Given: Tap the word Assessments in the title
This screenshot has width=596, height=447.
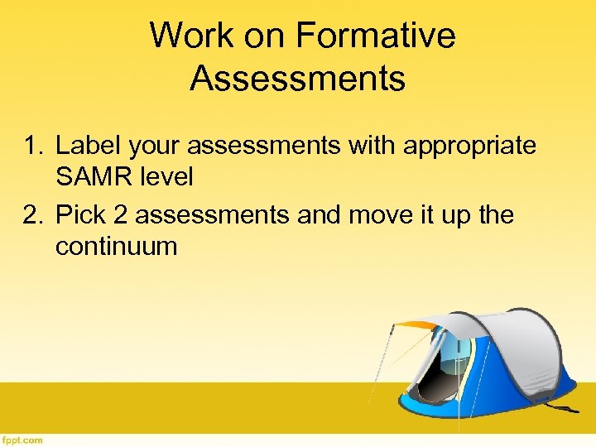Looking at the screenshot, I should point(297,79).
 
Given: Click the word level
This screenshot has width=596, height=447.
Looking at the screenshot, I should point(164,175).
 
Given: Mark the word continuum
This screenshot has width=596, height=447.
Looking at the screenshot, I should point(116,246).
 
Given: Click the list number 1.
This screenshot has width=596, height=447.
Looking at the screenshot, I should point(32,146).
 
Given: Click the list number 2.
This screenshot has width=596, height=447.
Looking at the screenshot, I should point(32,215).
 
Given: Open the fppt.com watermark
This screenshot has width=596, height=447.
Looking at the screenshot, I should point(22,440).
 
